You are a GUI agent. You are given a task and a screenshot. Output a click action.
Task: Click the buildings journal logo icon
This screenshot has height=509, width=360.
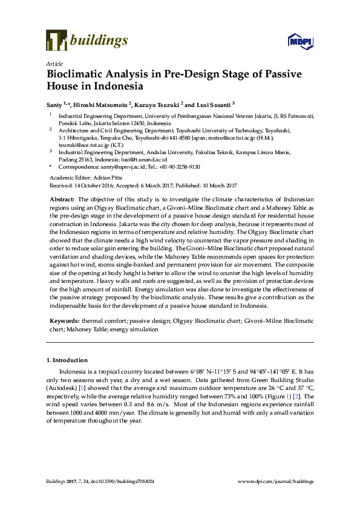56,41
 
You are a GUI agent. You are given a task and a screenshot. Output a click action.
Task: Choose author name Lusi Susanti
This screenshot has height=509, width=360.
212,104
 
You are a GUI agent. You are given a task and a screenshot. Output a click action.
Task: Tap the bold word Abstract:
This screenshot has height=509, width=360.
61,199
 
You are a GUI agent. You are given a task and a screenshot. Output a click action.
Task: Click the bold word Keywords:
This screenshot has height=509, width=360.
63,321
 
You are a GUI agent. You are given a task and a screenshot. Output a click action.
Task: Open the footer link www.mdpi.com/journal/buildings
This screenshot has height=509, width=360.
276,481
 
